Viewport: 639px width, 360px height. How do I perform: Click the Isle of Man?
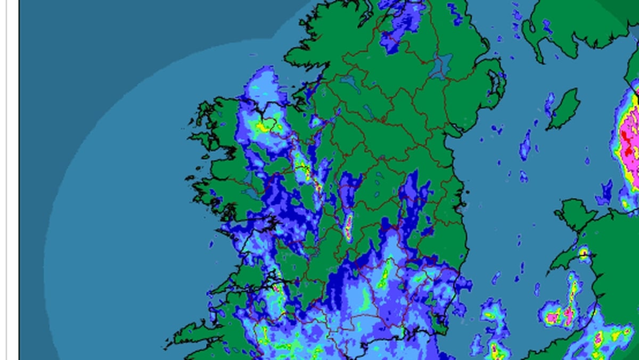click(x=563, y=109)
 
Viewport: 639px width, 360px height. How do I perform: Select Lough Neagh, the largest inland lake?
click(x=441, y=67)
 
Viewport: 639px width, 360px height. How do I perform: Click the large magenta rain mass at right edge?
click(x=628, y=144)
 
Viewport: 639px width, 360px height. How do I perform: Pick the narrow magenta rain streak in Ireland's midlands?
click(x=348, y=226)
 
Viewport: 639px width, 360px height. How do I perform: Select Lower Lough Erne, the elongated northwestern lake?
click(x=349, y=83)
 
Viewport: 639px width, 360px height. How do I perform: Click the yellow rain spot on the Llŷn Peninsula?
click(x=584, y=252)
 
